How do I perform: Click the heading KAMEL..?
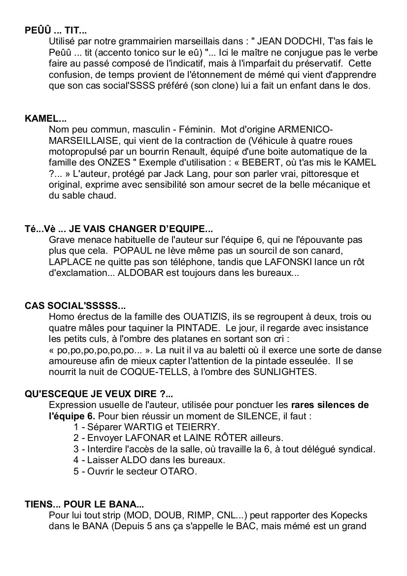pos(45,119)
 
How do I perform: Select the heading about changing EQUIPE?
pos(119,229)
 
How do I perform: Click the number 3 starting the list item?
pos(76,449)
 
